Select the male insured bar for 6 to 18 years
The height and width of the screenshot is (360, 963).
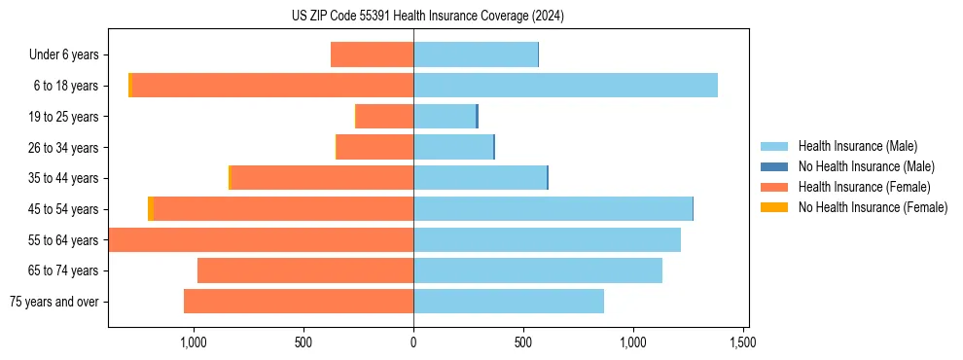565,86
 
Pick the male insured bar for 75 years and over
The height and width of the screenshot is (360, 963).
509,302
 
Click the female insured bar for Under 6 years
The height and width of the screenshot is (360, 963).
372,54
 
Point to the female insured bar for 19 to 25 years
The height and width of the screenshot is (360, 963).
384,117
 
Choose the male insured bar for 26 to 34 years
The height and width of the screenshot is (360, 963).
453,148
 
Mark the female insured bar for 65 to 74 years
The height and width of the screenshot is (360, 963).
305,270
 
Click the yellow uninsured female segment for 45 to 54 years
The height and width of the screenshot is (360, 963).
151,209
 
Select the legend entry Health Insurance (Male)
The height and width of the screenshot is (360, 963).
857,146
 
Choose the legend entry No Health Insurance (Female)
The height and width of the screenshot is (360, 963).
873,207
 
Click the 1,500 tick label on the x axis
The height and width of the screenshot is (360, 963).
743,342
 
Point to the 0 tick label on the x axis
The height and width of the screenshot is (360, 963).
413,342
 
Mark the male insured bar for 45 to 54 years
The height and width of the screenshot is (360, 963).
553,209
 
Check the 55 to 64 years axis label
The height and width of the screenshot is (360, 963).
64,240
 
